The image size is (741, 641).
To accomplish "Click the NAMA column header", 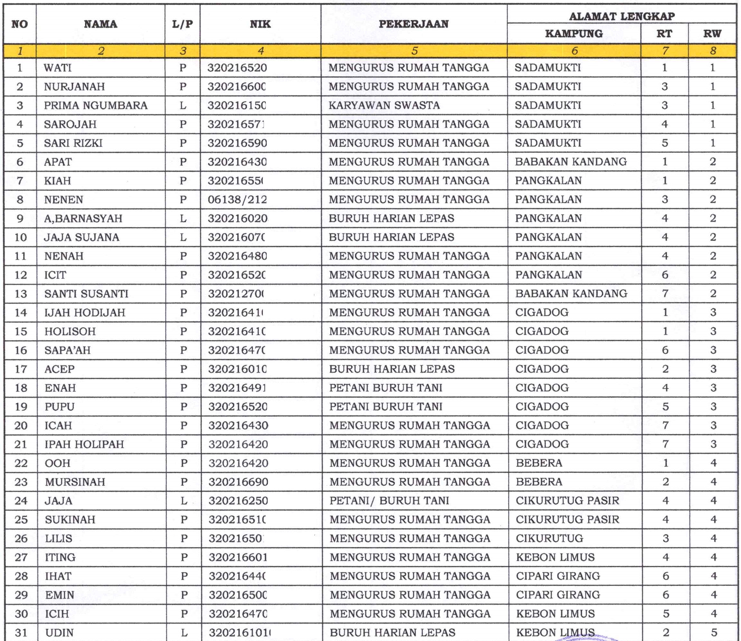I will (101, 24).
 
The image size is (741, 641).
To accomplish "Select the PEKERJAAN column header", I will (414, 24).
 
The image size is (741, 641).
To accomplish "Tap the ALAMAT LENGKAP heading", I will (621, 16).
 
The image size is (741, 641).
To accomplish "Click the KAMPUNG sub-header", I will (574, 34).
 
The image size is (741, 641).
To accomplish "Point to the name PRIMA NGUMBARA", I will (95, 105).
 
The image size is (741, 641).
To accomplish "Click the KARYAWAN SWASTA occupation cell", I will (384, 105).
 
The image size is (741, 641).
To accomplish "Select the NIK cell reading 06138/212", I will (237, 199).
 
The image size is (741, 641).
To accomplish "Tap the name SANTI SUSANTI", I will (86, 294).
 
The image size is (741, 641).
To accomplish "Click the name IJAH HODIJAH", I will (85, 313).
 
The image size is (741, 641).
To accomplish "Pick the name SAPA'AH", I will (68, 350).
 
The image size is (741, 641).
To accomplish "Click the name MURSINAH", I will (75, 482).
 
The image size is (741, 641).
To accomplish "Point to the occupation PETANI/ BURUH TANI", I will (389, 501).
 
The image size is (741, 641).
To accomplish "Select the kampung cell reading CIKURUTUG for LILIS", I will (549, 538).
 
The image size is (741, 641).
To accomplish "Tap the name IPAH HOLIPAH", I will (84, 445).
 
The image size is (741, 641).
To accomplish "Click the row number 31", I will (21, 632).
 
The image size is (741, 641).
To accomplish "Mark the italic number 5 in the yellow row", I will (414, 51).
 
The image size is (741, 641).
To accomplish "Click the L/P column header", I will (182, 24).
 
